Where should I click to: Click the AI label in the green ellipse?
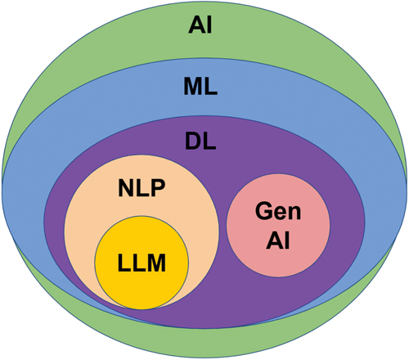pyautogui.click(x=200, y=25)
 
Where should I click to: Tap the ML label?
pyautogui.click(x=200, y=87)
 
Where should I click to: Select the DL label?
pyautogui.click(x=200, y=142)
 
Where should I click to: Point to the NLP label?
pyautogui.click(x=142, y=188)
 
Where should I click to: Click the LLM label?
pyautogui.click(x=142, y=263)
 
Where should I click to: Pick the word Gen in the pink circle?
pyautogui.click(x=278, y=211)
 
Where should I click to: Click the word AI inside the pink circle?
pyautogui.click(x=278, y=241)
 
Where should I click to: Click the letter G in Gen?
pyautogui.click(x=263, y=211)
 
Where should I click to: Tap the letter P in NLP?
pyautogui.click(x=159, y=188)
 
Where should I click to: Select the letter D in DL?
pyautogui.click(x=193, y=142)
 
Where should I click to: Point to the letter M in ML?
pyautogui.click(x=193, y=87)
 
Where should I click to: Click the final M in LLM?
pyautogui.click(x=156, y=263)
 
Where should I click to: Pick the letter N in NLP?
pyautogui.click(x=126, y=188)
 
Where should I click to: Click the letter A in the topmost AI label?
pyautogui.click(x=196, y=25)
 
